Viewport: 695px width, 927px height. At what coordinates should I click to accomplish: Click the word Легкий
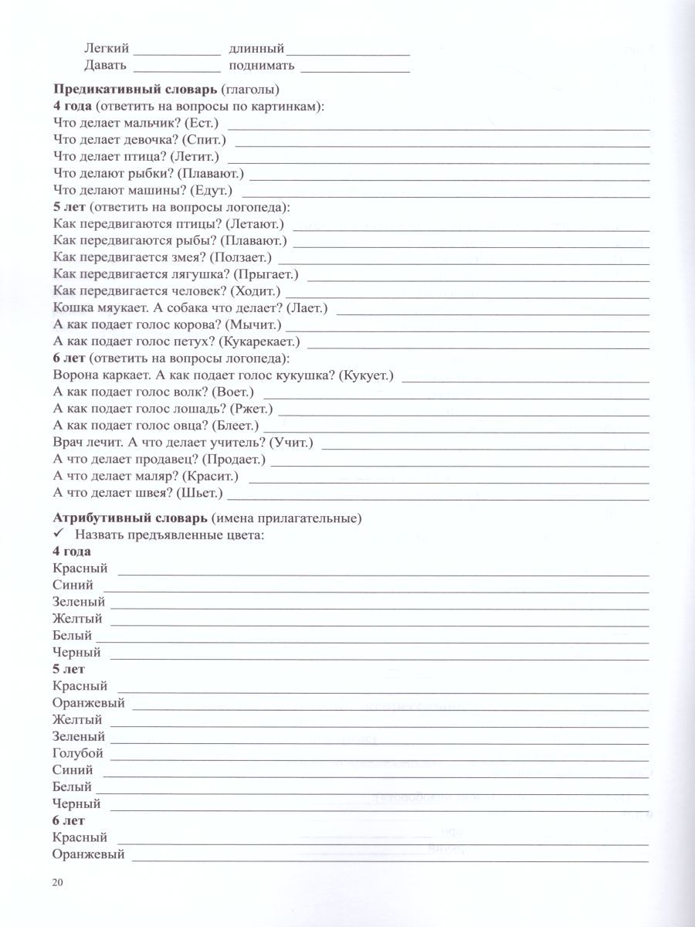coord(107,48)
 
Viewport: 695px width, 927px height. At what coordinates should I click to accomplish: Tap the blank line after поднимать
coord(355,68)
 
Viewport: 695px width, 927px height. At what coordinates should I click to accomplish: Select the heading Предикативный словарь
coord(134,88)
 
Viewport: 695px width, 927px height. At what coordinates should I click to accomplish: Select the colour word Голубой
coord(78,753)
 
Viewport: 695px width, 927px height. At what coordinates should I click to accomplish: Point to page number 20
coord(58,883)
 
